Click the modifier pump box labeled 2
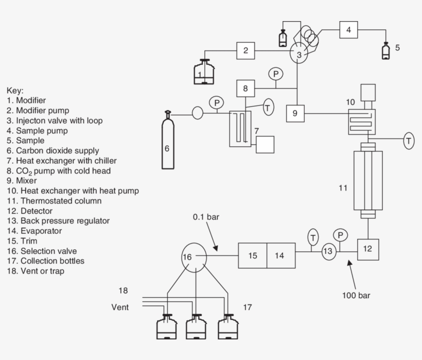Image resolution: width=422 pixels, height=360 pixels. (246, 51)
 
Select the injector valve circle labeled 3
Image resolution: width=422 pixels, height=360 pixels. (298, 54)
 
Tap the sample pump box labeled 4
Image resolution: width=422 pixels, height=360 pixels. (348, 30)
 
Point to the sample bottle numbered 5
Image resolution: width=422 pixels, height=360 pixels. (385, 51)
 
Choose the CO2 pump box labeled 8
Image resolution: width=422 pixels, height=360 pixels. (246, 88)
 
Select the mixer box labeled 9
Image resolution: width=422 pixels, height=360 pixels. (295, 113)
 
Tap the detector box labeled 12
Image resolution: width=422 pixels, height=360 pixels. (367, 248)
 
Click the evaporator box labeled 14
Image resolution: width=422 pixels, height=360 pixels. (281, 255)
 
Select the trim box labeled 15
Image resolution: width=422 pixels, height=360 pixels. (252, 255)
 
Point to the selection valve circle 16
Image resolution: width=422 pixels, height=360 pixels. (194, 256)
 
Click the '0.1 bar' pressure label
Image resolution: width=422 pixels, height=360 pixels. (206, 217)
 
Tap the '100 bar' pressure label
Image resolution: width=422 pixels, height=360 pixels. (356, 295)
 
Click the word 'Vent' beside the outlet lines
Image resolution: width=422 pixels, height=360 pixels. (120, 307)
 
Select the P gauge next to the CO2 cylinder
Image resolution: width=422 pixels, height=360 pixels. (217, 103)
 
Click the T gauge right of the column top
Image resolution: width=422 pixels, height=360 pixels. (409, 140)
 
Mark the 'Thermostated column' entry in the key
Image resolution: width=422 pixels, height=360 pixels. (54, 201)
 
